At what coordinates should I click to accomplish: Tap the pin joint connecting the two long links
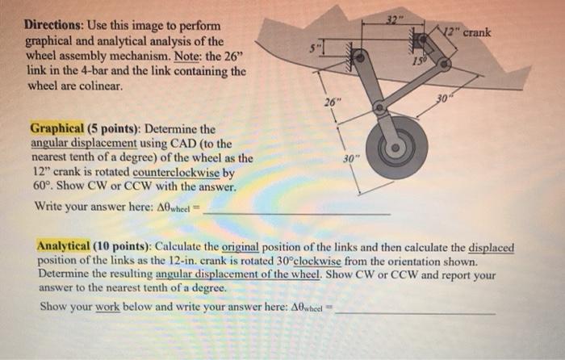pos(377,106)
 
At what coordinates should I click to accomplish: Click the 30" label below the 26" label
pos(345,159)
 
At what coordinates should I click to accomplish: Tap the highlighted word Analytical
pos(67,246)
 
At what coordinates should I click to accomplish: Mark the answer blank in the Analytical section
pos(416,312)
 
